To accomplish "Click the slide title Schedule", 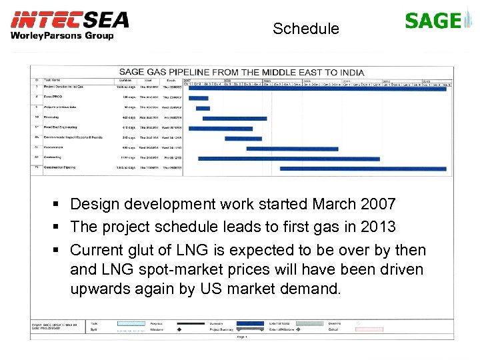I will pos(306,29).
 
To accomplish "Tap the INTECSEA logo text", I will pos(69,19).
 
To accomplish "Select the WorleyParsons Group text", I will pos(61,35).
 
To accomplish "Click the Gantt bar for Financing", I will pos(235,118).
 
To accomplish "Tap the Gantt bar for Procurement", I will pos(283,148).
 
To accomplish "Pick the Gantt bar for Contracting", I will pos(289,159).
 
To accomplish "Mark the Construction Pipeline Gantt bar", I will pos(363,169).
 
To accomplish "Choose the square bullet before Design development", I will pos(60,203).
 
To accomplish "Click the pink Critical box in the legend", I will pos(364,329).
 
